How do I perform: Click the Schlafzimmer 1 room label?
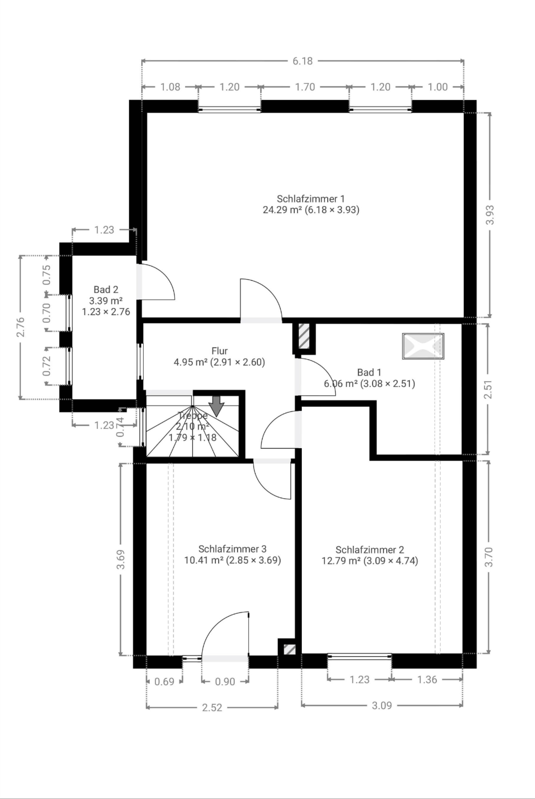pos(311,199)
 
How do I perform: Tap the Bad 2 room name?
pos(106,290)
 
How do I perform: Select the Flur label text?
pos(219,351)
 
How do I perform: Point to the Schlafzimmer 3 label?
pos(232,549)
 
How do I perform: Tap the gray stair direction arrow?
pos(216,406)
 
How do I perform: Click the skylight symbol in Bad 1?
pos(423,346)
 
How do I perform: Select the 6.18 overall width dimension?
pos(302,61)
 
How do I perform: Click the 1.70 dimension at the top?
pos(305,87)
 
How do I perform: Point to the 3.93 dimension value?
pos(490,215)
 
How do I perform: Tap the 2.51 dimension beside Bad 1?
pos(488,389)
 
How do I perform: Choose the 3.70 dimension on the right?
pos(489,557)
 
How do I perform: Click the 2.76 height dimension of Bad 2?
pos(20,327)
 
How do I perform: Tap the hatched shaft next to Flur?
pos(304,336)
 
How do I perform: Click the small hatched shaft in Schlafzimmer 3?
pos(290,649)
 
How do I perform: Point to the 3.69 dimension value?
pos(120,559)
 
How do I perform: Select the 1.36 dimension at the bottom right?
pos(427,680)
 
